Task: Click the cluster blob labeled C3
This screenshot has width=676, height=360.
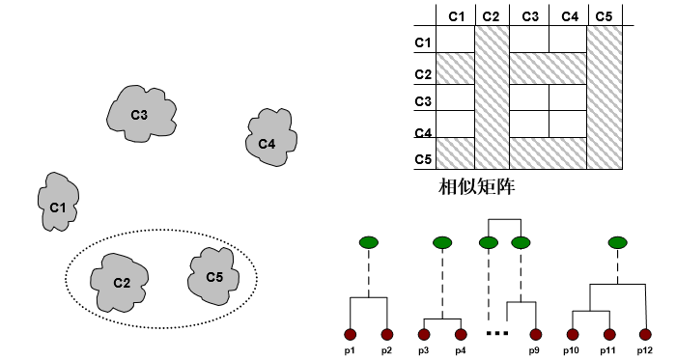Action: (141, 115)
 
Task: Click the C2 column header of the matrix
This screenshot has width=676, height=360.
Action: (492, 15)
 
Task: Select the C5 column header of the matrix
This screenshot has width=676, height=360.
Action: (604, 15)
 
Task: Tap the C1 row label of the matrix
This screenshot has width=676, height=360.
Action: (423, 42)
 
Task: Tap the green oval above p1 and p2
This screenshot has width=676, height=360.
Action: (368, 241)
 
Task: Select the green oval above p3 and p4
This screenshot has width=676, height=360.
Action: (442, 241)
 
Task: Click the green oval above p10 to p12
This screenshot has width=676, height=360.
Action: (617, 241)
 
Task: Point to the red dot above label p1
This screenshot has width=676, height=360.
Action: (349, 334)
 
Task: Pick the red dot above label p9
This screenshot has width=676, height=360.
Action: (534, 334)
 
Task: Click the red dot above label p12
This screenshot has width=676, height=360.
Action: (645, 334)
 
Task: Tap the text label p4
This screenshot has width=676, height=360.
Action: (460, 348)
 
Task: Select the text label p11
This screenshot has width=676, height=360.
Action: (608, 348)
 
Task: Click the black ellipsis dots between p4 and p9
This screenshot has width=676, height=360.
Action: (496, 334)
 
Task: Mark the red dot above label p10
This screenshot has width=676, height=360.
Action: (572, 334)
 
